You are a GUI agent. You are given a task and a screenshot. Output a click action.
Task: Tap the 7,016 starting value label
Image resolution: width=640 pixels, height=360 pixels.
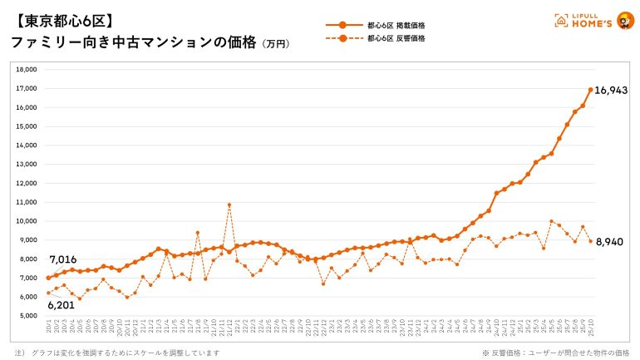pos(63,260)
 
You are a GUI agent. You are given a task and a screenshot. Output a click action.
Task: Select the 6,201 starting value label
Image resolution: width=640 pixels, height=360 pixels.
pos(63,305)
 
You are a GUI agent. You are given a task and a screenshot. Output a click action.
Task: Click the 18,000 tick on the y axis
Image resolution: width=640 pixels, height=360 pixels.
pos(27,70)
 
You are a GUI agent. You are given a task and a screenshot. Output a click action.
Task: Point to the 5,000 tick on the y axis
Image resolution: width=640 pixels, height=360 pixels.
pos(28,316)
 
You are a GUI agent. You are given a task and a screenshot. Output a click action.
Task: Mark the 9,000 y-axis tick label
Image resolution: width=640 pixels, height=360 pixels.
pos(28,240)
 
